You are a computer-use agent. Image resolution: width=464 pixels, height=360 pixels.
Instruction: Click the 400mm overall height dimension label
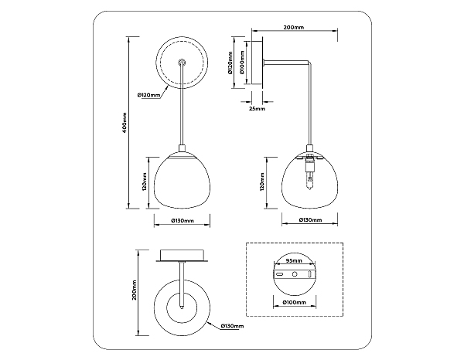point(125,121)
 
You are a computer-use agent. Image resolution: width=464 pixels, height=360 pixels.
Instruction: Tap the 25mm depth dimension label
point(258,110)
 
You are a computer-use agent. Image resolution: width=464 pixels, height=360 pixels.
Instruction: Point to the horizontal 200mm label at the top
point(293,27)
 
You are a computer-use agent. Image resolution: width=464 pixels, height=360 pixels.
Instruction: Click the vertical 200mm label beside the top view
point(134,290)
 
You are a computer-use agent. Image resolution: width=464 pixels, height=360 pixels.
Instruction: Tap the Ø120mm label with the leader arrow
point(148,95)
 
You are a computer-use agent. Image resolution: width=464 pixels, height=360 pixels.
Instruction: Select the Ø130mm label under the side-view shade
point(312,220)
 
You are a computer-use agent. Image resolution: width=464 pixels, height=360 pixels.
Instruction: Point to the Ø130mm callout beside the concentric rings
point(233,327)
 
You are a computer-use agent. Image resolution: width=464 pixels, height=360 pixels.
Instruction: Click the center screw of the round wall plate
point(183,61)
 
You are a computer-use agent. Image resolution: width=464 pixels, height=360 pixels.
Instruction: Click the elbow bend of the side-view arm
point(312,65)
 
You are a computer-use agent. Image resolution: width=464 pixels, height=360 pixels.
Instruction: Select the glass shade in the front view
point(183,182)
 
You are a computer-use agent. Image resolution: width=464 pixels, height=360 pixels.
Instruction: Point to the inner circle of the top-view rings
point(183,307)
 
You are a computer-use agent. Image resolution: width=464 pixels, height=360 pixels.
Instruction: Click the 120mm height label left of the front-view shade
point(145,183)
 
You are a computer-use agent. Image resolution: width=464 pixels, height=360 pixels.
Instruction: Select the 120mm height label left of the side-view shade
point(263,183)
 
